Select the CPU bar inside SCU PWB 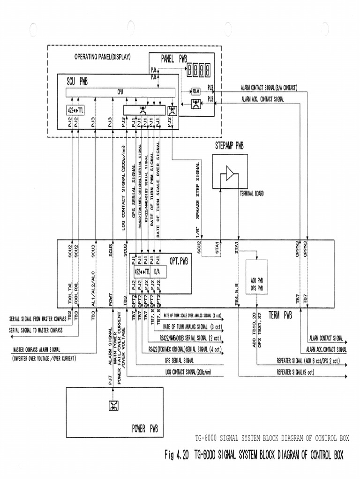tap(120, 92)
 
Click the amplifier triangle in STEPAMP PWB tap(230, 173)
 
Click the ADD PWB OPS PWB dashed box tap(256, 277)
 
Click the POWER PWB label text tap(144, 428)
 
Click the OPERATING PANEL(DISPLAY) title tap(103, 57)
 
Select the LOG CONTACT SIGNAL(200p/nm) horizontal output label tap(188, 372)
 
